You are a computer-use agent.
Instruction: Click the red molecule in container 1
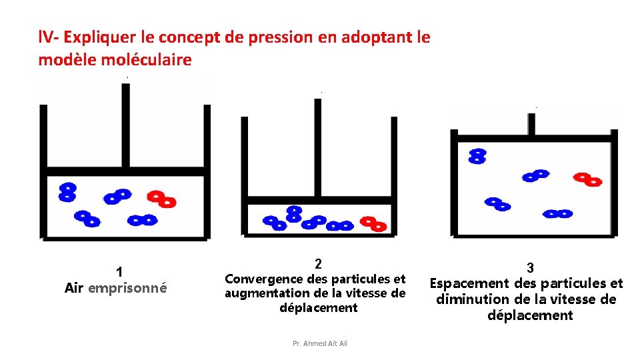pos(161,199)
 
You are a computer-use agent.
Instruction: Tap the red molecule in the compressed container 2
pos(373,223)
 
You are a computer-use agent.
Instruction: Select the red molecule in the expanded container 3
pos(588,179)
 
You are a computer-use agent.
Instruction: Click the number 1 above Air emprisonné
pos(119,271)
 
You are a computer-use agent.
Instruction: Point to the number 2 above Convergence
pos(318,263)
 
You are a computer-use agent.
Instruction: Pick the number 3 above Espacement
pos(530,267)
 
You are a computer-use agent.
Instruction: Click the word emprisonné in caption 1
pos(127,288)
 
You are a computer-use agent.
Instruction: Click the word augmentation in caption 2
pos(262,293)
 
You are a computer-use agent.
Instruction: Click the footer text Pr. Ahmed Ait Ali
pos(320,343)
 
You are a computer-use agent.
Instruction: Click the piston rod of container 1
pos(124,127)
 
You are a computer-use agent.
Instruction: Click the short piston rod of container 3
pos(531,124)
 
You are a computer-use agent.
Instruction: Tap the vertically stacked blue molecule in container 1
pos(67,193)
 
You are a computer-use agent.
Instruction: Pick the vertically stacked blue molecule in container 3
pos(477,156)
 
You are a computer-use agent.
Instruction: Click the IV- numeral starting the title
pos(49,37)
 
